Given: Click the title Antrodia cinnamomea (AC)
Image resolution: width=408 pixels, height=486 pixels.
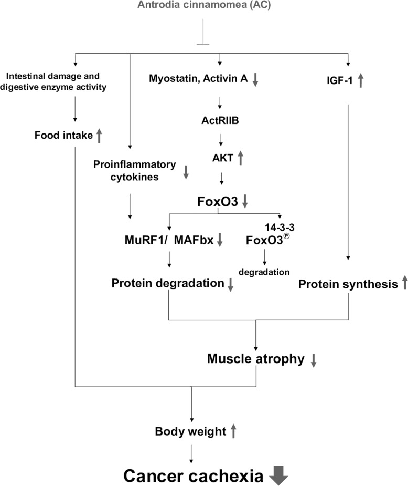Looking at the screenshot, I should point(203,6).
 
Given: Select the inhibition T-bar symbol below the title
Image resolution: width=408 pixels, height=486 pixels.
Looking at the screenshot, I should point(203,37).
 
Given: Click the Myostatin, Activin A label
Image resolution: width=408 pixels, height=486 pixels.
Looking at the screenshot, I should point(199,79).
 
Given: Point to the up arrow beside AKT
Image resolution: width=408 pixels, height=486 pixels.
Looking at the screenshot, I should point(241,157).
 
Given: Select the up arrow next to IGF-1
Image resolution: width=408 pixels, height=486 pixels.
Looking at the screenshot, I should point(360,80).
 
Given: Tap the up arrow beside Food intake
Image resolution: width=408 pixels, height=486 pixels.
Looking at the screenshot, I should point(99,136).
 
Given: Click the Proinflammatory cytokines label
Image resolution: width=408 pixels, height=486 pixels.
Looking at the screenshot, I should point(134,170).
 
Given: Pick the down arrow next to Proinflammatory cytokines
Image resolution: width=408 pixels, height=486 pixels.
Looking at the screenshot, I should point(186,172).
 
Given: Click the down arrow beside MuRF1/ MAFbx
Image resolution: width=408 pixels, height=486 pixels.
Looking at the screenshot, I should point(220,240).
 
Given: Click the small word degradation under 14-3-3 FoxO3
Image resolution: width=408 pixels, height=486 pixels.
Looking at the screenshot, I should point(264,272).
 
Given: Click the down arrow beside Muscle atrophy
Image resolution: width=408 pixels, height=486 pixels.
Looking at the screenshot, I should point(314,360).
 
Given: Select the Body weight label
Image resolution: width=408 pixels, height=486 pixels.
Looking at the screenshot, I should point(190,432).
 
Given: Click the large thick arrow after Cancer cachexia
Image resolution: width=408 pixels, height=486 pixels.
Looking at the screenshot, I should point(277,475).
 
